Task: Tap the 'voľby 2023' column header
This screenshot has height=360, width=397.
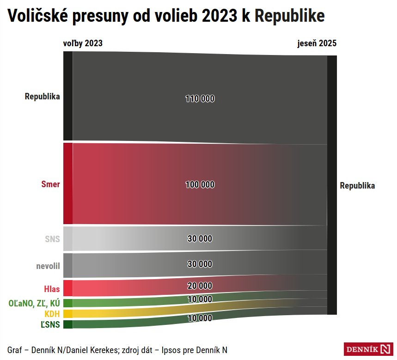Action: point(83,43)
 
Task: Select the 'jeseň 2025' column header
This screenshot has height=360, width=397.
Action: point(317,43)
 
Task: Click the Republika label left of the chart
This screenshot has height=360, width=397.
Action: point(43,97)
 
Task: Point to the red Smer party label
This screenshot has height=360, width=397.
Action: point(51,183)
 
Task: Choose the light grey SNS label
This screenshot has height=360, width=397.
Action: point(52,239)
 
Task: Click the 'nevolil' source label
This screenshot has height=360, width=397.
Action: point(48,266)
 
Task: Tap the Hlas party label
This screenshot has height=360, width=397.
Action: point(52,289)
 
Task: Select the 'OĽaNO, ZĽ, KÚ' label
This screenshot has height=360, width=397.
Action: point(34,303)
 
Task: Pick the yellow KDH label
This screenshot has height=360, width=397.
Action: point(52,314)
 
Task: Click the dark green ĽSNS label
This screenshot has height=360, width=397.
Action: point(50,324)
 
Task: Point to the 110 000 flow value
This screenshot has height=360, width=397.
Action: point(200,98)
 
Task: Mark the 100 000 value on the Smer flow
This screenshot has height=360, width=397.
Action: point(200,184)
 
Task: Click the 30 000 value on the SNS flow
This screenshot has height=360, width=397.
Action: point(200,238)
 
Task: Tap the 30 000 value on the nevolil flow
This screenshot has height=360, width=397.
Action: point(200,264)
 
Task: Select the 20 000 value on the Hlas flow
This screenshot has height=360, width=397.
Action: point(200,286)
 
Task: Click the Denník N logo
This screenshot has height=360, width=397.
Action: point(368,349)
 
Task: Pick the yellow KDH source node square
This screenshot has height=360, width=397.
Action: point(67,314)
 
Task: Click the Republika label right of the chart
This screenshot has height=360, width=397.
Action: point(357,186)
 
